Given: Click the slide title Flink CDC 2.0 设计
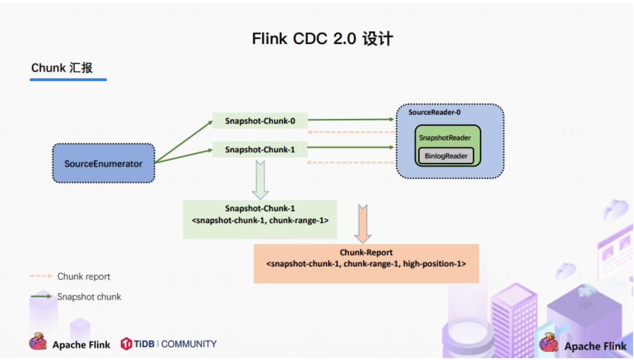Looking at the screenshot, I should pyautogui.click(x=322, y=39).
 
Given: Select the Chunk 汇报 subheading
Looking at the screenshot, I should pyautogui.click(x=62, y=68).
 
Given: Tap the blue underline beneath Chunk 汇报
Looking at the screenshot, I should pyautogui.click(x=68, y=79).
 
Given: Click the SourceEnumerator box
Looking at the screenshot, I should pyautogui.click(x=103, y=163).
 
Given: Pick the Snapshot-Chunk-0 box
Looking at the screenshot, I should pyautogui.click(x=259, y=121).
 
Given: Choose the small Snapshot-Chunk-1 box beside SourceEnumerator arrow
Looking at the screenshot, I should pyautogui.click(x=259, y=149).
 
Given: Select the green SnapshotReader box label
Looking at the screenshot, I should pyautogui.click(x=444, y=138).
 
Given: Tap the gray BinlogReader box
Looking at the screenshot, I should pyautogui.click(x=446, y=156).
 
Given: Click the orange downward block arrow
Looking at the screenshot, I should pyautogui.click(x=363, y=223).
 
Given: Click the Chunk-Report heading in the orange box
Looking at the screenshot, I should pyautogui.click(x=366, y=253).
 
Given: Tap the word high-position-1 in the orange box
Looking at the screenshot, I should pyautogui.click(x=434, y=264).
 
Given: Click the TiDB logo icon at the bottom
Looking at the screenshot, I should pyautogui.click(x=126, y=344).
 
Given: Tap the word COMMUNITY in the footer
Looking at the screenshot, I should pyautogui.click(x=189, y=344).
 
